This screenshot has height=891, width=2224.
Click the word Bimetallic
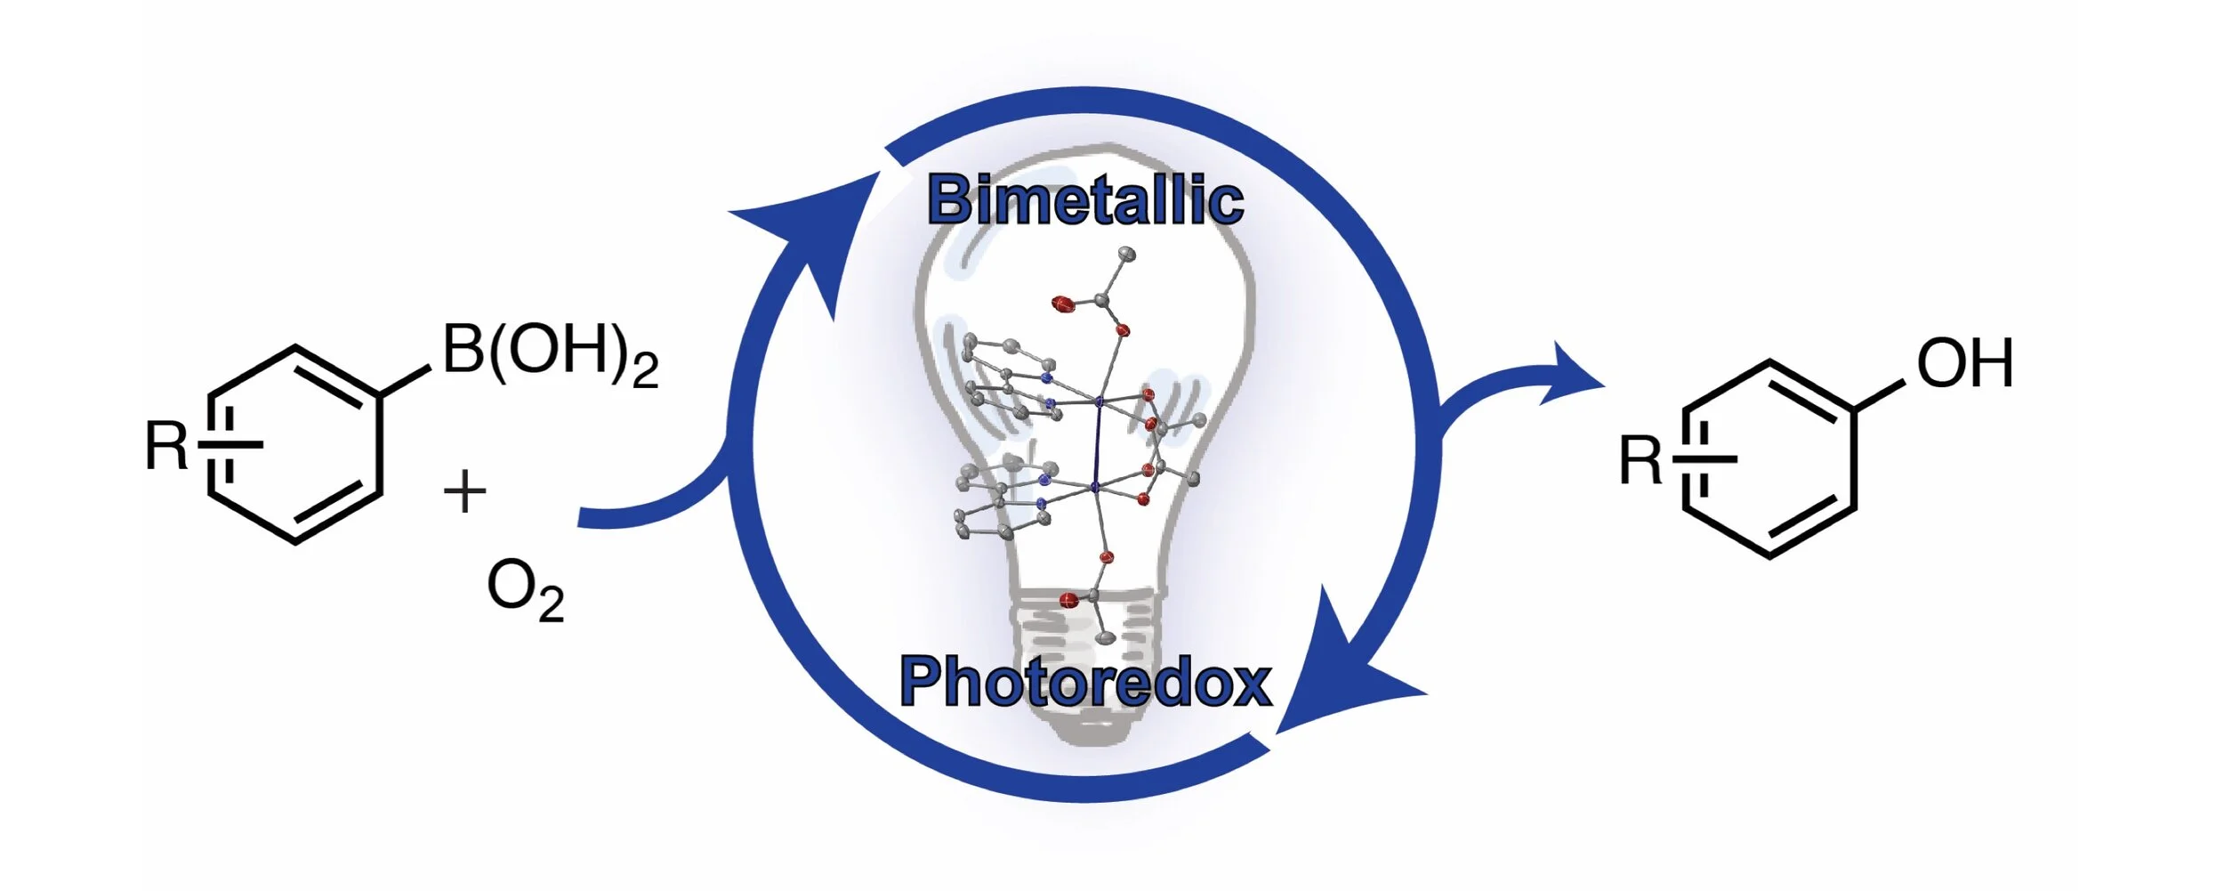point(1084,200)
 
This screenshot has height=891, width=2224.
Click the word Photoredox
point(1085,682)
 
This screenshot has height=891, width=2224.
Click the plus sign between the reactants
point(464,492)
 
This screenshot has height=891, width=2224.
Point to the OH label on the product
point(1964,364)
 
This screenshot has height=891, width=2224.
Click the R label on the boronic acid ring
point(166,445)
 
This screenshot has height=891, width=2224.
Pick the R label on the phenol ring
point(1640,461)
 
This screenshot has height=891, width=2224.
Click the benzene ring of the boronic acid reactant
point(295,444)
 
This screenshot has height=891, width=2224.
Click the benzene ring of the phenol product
point(1769,459)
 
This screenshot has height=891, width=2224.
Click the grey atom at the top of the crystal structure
point(1127,255)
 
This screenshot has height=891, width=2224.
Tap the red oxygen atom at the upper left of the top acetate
point(1062,304)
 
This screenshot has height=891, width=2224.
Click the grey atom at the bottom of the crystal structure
point(1106,637)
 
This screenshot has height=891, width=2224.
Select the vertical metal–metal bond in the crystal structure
point(1097,445)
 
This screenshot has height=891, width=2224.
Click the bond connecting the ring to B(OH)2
point(406,380)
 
